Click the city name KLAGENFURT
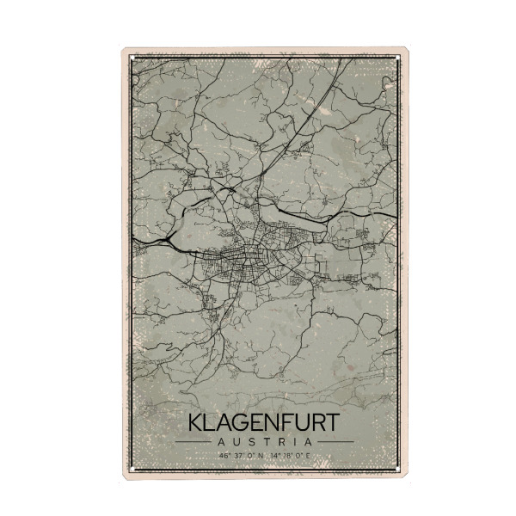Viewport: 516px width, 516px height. pyautogui.click(x=263, y=424)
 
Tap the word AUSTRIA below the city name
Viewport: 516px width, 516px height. pyautogui.click(x=263, y=441)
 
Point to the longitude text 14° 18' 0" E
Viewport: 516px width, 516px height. pyautogui.click(x=288, y=454)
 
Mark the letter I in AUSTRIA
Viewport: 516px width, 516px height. pyautogui.click(x=296, y=441)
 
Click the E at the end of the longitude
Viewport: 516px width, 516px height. pyautogui.click(x=306, y=454)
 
